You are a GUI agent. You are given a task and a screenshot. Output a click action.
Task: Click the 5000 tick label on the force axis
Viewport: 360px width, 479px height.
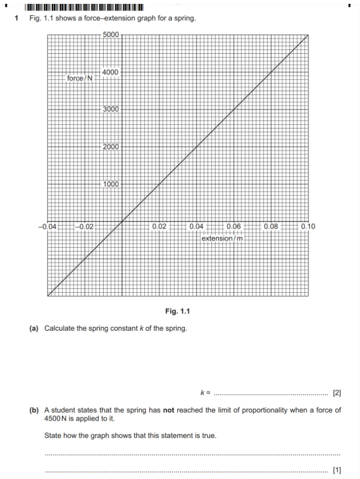(111, 35)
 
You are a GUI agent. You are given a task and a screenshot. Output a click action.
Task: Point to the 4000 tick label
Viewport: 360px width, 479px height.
(111, 72)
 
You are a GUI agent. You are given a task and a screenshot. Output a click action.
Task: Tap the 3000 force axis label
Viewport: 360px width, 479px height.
(111, 109)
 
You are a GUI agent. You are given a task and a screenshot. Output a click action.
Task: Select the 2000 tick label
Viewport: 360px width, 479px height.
(111, 147)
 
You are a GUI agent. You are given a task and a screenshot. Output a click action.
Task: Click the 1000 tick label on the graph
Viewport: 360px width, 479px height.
(111, 184)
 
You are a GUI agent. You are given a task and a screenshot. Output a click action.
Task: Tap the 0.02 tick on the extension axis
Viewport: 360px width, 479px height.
(160, 226)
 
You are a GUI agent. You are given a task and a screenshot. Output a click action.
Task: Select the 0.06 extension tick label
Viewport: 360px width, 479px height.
(233, 226)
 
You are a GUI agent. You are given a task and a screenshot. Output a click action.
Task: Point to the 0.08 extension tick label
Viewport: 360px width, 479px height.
(271, 226)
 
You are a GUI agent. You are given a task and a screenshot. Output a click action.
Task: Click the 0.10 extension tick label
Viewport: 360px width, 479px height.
(308, 226)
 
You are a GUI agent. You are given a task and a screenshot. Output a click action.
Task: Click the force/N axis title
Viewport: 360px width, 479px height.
(80, 78)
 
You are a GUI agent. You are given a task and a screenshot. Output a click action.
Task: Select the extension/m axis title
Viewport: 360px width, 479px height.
(222, 238)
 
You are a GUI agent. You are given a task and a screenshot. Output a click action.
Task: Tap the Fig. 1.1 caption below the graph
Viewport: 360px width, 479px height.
(177, 311)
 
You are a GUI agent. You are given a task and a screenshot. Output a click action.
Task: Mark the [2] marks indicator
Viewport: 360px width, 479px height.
(337, 393)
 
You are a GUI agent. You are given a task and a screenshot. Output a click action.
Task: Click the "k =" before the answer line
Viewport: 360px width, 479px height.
(205, 393)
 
